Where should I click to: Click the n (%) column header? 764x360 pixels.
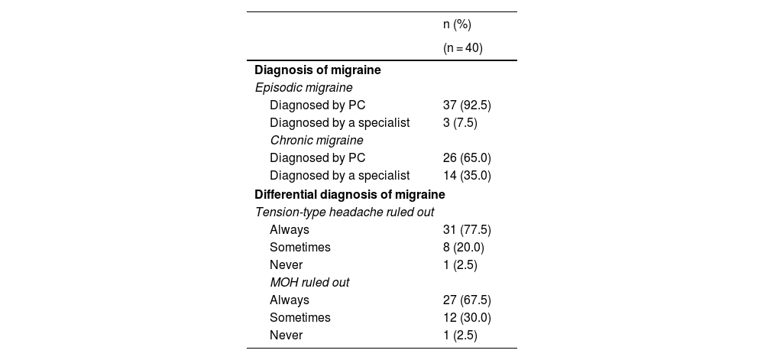tap(457, 24)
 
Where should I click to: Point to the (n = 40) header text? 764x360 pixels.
tap(463, 48)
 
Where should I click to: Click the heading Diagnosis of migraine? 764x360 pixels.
tap(318, 70)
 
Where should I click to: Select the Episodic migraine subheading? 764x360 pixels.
tap(303, 87)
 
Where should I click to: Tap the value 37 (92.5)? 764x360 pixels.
tap(467, 105)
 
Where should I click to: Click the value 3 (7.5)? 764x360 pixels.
tap(460, 122)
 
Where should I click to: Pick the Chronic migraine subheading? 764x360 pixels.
tap(316, 140)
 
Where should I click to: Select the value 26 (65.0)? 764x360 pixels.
tap(467, 157)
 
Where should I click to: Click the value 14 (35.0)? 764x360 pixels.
tap(467, 175)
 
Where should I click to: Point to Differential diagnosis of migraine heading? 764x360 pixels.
tap(350, 194)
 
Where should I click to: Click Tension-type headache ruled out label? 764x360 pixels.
tap(345, 212)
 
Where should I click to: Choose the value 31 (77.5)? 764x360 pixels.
tap(467, 229)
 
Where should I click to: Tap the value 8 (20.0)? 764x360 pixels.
tap(464, 247)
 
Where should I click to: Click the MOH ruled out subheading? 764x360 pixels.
tap(309, 282)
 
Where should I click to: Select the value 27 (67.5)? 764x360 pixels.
tap(467, 300)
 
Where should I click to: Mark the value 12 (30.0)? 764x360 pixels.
tap(467, 317)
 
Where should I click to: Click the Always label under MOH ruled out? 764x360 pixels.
tap(290, 300)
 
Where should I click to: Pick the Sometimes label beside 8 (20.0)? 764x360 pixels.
tap(300, 247)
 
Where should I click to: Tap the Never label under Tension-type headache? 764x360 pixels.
tap(286, 264)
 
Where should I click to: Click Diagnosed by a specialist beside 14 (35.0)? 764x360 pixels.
tap(340, 175)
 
